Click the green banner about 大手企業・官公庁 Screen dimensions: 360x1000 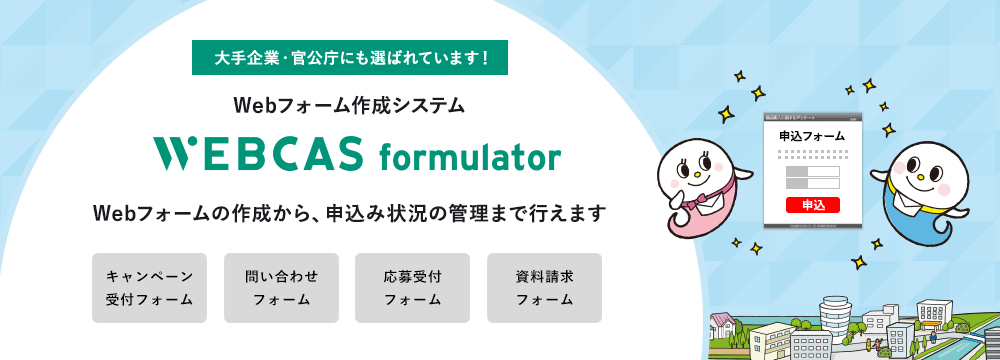pyautogui.click(x=350, y=57)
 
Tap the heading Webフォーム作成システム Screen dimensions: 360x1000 pyautogui.click(x=349, y=104)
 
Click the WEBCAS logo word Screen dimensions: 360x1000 pyautogui.click(x=258, y=154)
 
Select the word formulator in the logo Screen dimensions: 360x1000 pyautogui.click(x=470, y=157)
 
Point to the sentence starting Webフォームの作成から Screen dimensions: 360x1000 pyautogui.click(x=349, y=213)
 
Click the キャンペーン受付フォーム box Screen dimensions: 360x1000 pyautogui.click(x=149, y=288)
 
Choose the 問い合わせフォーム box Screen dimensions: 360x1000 pyautogui.click(x=281, y=288)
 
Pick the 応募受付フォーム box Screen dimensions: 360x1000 pyautogui.click(x=412, y=288)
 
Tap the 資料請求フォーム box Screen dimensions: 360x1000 pyautogui.click(x=544, y=288)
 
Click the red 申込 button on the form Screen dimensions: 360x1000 pyautogui.click(x=812, y=205)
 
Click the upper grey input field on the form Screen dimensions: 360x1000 pyautogui.click(x=812, y=171)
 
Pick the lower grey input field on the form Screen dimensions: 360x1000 pyautogui.click(x=812, y=184)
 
